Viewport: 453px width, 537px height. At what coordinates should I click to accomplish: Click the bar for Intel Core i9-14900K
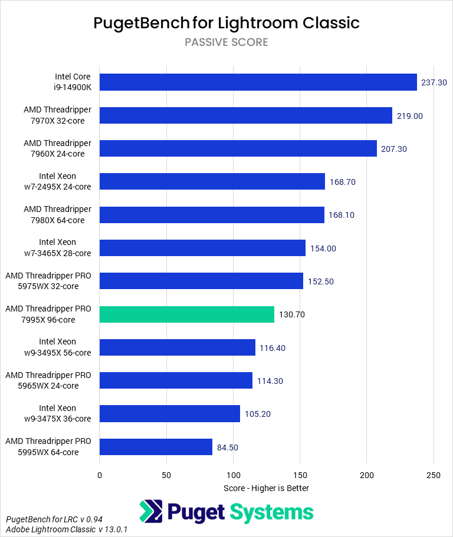point(258,82)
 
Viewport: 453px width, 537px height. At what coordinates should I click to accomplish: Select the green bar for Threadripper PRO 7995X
point(187,314)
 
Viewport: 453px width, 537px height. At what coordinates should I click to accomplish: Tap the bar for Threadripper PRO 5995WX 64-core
point(156,447)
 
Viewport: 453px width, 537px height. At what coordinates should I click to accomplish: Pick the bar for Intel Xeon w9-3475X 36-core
point(170,413)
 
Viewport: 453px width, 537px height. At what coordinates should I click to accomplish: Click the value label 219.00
point(410,116)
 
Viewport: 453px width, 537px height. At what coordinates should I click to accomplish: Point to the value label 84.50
point(228,447)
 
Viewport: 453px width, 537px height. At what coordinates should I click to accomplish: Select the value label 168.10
point(342,215)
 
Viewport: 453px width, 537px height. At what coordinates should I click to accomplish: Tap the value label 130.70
point(292,314)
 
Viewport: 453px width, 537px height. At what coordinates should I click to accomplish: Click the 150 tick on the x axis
point(300,475)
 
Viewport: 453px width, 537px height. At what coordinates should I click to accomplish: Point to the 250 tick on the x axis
point(434,475)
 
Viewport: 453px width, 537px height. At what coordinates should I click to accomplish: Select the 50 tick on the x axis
point(166,475)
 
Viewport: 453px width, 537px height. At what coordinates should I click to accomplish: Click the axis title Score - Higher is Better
point(267,488)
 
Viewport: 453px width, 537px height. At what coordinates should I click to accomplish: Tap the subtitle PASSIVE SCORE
point(226,42)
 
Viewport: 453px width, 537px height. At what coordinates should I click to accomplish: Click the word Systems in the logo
point(272,512)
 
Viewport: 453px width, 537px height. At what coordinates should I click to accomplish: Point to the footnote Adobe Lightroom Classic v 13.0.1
point(67,529)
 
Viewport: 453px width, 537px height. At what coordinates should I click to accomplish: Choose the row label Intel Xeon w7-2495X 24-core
point(57,181)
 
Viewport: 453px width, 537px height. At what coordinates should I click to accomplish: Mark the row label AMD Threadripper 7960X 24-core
point(57,148)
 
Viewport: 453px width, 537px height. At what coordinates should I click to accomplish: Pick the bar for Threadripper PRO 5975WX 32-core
point(201,281)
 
